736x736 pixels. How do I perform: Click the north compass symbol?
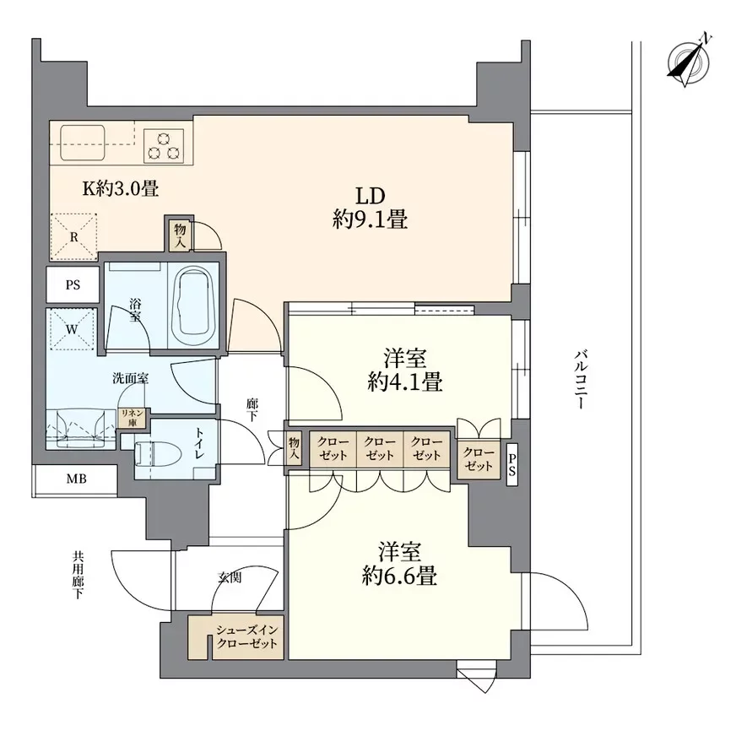689,61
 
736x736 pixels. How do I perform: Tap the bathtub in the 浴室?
193,306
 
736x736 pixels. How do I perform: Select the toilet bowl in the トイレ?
158,454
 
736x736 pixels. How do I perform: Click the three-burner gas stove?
164,145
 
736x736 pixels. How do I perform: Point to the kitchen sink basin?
83,143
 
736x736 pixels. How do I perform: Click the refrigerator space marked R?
73,236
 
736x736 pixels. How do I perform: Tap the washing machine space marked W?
72,329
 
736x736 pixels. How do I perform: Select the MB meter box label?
77,479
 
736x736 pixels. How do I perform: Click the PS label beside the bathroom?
73,285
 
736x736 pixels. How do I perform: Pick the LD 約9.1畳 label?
370,208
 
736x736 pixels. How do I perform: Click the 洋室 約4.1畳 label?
404,371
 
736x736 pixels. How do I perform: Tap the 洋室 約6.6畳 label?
399,564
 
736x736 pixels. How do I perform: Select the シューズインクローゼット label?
247,636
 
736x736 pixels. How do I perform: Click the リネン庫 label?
132,419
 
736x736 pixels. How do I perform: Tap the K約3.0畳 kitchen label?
121,189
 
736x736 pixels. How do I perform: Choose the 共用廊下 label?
78,575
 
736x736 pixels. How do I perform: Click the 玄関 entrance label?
230,577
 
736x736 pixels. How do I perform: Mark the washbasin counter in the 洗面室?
81,429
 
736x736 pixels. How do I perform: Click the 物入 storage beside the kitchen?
181,235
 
